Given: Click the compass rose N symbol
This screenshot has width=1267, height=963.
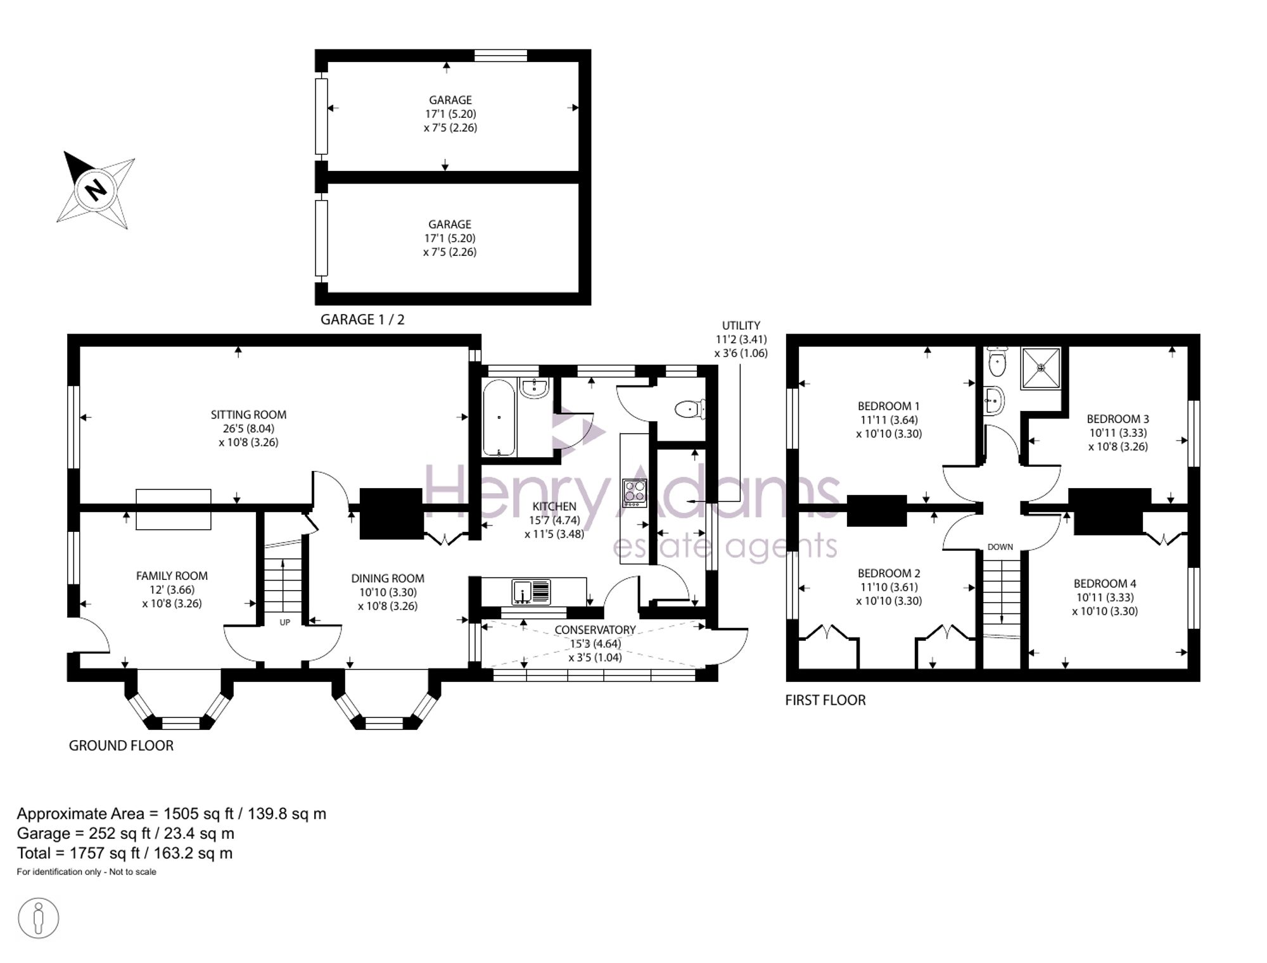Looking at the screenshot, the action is [x=96, y=189].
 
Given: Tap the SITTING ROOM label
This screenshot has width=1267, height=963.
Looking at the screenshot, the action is [x=248, y=415].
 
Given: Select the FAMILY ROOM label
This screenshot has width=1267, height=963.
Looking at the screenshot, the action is [x=172, y=576].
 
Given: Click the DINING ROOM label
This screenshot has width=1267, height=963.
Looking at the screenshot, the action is [x=388, y=578].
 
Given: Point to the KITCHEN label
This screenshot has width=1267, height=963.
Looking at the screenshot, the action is [x=554, y=507].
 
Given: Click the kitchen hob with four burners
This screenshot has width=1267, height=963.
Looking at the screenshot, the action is [x=635, y=493].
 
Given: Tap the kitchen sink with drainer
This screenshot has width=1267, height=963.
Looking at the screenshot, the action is [x=531, y=592].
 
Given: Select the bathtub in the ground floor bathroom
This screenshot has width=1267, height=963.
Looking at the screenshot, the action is [x=499, y=418].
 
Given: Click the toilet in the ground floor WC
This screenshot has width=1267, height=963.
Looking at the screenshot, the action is [x=690, y=410].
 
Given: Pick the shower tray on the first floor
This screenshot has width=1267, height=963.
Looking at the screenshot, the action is [x=1040, y=368].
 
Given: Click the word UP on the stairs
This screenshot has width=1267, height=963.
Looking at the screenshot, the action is [x=285, y=622].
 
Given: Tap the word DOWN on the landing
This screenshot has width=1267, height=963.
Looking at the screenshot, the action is [x=1000, y=547].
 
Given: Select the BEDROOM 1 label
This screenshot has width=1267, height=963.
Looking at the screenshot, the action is [x=889, y=406].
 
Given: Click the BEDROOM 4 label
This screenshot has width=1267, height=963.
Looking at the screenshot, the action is [x=1105, y=584].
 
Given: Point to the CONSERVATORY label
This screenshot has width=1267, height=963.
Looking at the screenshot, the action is [x=595, y=630].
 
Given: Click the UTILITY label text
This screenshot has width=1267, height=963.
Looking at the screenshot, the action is [x=741, y=325].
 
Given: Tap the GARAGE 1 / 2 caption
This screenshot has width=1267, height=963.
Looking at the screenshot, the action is [x=362, y=320].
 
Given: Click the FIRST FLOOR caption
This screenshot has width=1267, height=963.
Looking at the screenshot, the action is [x=825, y=700].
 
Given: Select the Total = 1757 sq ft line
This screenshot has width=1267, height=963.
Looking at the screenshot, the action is [x=125, y=853].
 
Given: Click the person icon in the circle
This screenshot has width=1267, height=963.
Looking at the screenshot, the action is [x=39, y=918].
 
